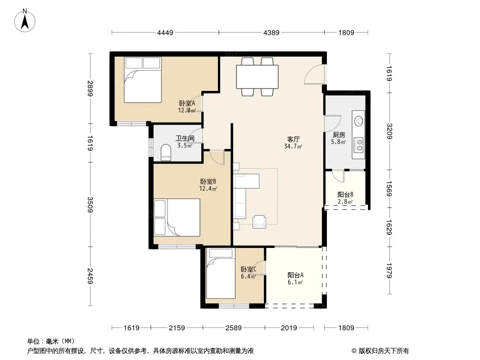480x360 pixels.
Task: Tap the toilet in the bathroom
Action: (166, 152)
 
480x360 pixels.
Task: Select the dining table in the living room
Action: (257, 76)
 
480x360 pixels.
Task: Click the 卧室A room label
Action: (187, 103)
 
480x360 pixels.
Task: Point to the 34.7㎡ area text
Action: (293, 147)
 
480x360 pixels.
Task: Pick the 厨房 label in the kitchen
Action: (339, 135)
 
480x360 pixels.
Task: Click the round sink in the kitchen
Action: (358, 121)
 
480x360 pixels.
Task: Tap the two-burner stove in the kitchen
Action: (358, 145)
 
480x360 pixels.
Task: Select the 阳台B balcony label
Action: (345, 194)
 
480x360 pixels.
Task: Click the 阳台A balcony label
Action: (295, 275)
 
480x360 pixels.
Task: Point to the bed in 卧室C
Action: (221, 273)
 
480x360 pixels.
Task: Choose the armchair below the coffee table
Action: (259, 222)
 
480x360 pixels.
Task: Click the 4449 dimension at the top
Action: (165, 32)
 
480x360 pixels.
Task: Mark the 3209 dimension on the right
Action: (389, 131)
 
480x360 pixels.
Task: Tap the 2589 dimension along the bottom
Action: (234, 328)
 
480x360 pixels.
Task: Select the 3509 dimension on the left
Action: (90, 204)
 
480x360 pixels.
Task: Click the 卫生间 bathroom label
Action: (185, 138)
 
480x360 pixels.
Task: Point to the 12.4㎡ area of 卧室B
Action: (208, 189)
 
